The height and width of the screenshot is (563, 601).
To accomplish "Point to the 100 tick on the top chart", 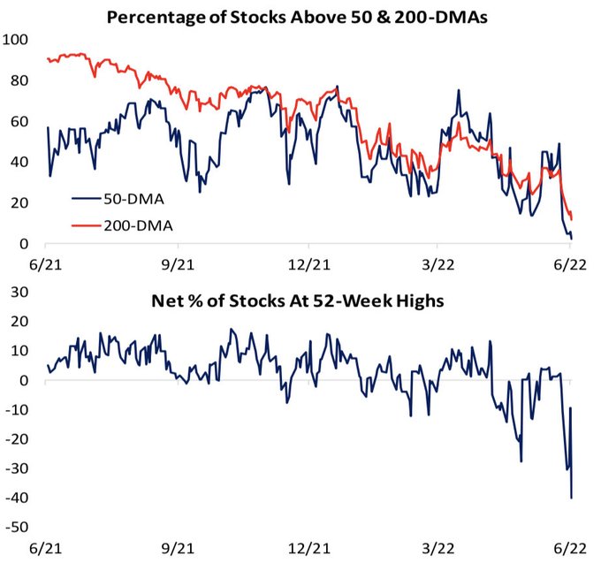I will [17, 40].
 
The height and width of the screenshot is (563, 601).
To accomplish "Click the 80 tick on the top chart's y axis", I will [20, 80].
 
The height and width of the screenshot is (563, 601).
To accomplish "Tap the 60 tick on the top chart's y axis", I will [20, 121].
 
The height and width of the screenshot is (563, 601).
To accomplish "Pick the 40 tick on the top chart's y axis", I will [20, 162].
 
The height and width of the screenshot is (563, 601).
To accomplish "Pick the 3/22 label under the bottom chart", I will [439, 548].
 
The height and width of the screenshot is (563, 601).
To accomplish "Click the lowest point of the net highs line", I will [570, 498].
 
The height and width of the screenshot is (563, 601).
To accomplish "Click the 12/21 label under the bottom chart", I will [307, 548].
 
